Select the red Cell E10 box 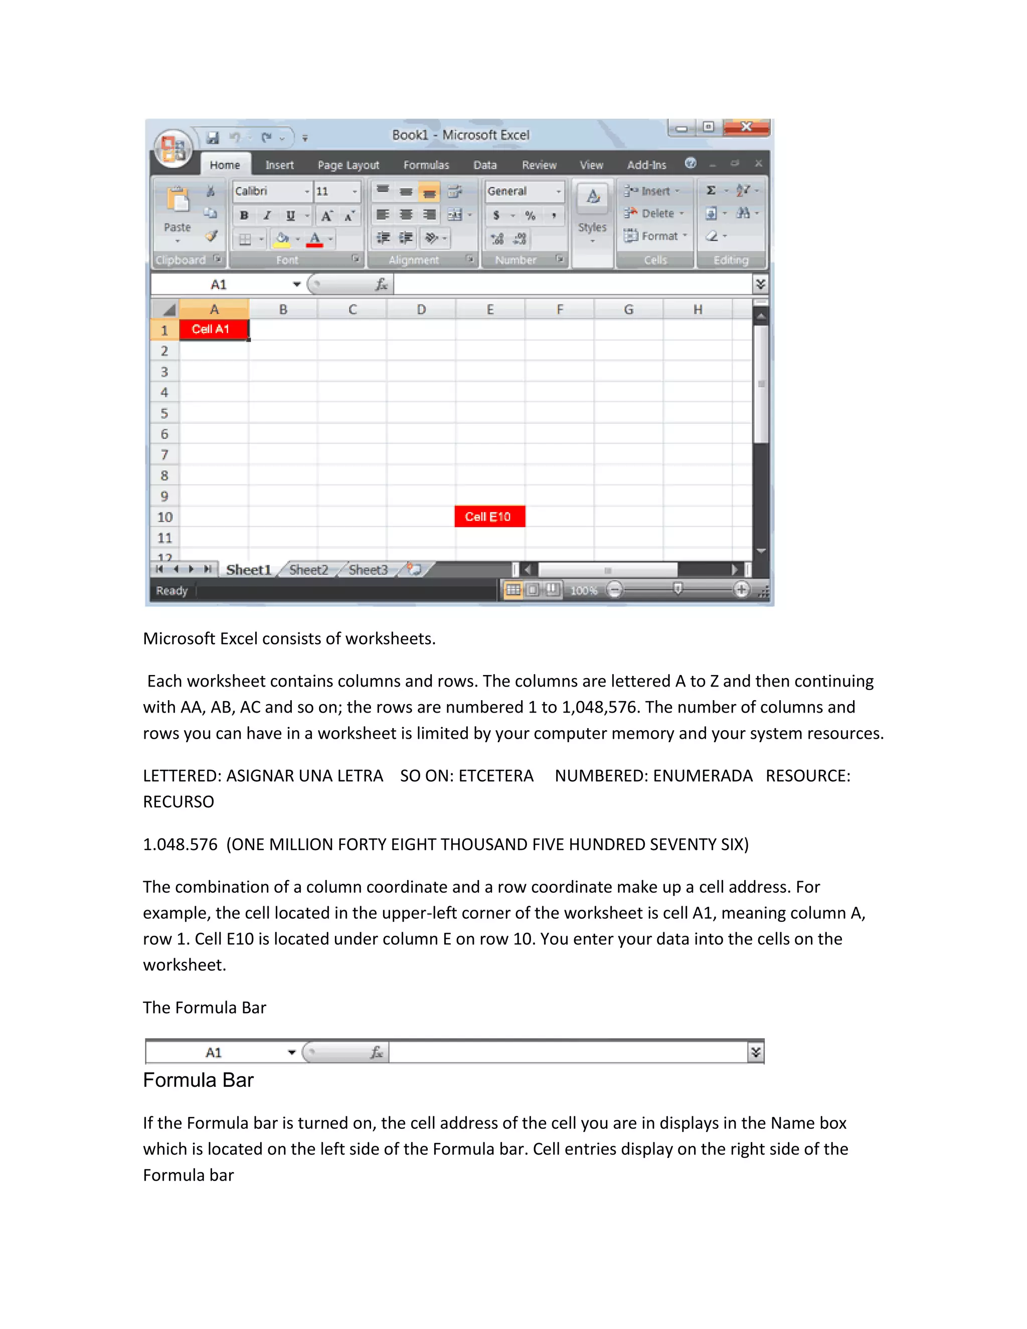tap(489, 517)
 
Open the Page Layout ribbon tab tap(348, 165)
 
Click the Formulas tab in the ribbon tap(426, 165)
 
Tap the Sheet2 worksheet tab tap(308, 570)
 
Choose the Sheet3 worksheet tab tap(368, 570)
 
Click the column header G tap(628, 310)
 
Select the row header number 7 tap(164, 454)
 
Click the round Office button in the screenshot tap(174, 148)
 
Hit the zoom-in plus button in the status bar tap(741, 590)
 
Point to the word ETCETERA tap(496, 776)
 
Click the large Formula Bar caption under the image tap(199, 1080)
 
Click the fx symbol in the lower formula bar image tap(377, 1052)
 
